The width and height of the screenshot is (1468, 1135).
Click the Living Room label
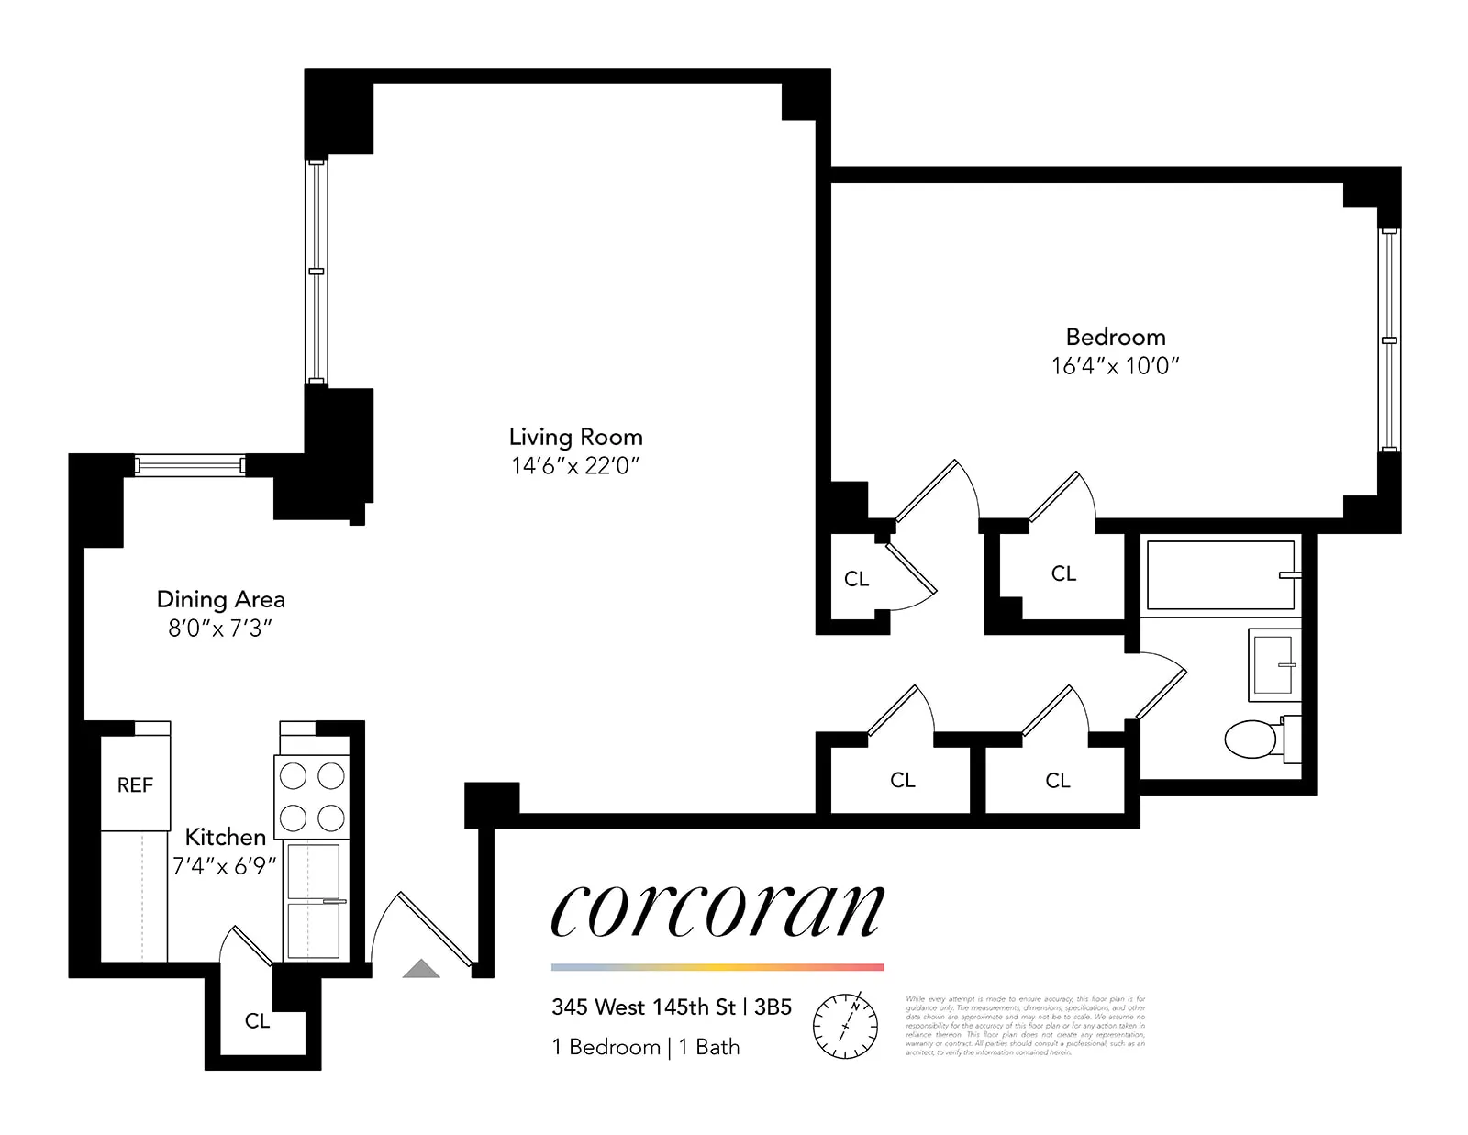tap(575, 437)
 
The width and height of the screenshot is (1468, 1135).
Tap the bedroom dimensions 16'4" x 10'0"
tap(1115, 365)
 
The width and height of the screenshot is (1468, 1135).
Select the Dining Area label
tap(220, 599)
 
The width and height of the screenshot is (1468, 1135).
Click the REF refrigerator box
tap(135, 784)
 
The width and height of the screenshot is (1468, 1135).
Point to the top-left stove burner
tap(293, 776)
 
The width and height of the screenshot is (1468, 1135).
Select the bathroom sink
tap(1273, 664)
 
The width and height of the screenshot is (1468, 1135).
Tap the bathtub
tap(1219, 575)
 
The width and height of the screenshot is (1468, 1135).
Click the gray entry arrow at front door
tap(421, 968)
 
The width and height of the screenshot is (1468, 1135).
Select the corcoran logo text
tap(717, 911)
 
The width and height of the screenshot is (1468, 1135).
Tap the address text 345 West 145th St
tap(643, 1007)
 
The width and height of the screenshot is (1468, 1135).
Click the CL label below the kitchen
tap(257, 1020)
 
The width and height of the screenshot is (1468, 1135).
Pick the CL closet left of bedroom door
tap(856, 578)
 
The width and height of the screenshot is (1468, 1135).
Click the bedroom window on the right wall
tap(1389, 339)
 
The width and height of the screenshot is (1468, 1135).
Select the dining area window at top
tap(190, 465)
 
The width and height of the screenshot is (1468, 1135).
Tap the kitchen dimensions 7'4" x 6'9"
tap(224, 865)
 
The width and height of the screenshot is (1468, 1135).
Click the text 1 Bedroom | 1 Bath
tap(645, 1047)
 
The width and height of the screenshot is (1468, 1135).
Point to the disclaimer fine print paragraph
tap(1025, 1025)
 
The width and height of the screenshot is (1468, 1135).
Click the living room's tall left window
tap(316, 271)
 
